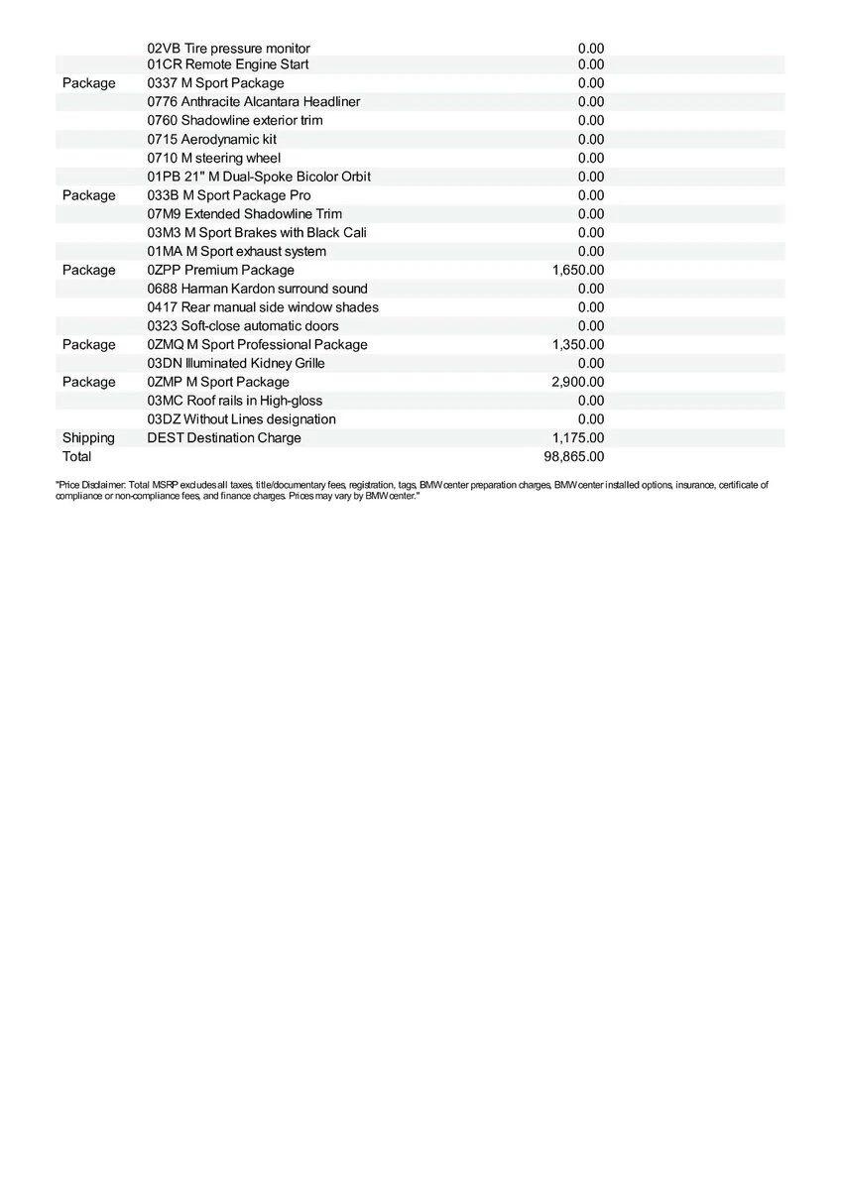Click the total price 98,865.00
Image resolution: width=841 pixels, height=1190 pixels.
click(574, 457)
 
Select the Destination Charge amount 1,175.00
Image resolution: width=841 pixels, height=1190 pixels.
click(577, 438)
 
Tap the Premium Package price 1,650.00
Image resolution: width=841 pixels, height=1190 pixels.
click(577, 270)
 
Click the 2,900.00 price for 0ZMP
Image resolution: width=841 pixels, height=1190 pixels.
click(577, 382)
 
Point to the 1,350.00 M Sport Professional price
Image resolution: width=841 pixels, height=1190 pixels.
click(577, 344)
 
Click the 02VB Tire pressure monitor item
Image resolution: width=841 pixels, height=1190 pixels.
click(228, 49)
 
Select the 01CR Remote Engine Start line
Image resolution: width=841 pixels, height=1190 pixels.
click(228, 64)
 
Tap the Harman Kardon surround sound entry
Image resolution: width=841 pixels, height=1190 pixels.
click(257, 289)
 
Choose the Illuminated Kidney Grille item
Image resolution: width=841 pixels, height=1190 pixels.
click(236, 363)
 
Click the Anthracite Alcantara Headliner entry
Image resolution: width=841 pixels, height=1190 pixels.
click(253, 101)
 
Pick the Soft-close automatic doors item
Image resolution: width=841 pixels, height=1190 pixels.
click(243, 326)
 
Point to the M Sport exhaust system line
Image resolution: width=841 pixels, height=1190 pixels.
click(236, 251)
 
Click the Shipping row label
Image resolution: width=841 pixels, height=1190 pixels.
click(88, 438)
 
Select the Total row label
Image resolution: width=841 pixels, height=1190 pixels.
click(76, 457)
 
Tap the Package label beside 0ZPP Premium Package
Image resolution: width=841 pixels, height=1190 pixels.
click(88, 270)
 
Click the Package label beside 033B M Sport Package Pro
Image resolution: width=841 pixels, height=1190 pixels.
click(88, 195)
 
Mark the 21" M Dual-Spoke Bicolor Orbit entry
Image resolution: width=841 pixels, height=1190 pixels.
click(259, 177)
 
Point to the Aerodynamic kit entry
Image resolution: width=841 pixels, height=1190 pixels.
click(211, 139)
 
